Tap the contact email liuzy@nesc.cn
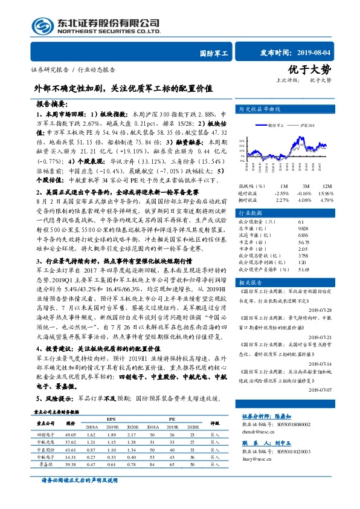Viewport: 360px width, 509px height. coord(259,476)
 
